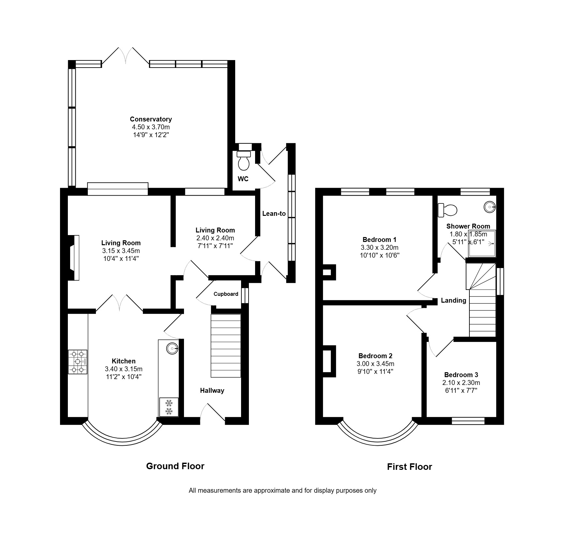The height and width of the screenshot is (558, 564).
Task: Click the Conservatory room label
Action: click(x=151, y=119)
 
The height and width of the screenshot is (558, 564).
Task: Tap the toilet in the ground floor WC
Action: click(x=244, y=160)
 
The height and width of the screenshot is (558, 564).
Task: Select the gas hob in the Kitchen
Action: click(x=78, y=362)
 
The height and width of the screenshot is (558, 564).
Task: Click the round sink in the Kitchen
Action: click(x=172, y=349)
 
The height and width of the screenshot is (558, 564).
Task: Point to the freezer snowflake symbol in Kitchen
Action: click(x=169, y=407)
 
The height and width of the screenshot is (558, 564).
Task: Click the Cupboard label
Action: click(x=226, y=294)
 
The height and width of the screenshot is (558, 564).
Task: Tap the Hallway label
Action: click(x=212, y=391)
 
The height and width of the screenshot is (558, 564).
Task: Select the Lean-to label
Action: click(x=274, y=214)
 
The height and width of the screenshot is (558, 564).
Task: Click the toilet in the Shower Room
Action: click(x=447, y=210)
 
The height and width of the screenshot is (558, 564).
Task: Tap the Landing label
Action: click(x=453, y=300)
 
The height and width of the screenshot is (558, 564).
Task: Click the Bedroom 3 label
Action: click(x=461, y=375)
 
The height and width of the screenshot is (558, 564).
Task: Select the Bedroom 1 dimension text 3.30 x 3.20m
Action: click(x=380, y=247)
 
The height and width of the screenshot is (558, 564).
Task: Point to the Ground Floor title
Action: click(x=175, y=466)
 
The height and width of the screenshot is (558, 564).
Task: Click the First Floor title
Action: click(x=409, y=467)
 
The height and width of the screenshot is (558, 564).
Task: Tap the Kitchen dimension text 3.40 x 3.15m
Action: click(x=124, y=369)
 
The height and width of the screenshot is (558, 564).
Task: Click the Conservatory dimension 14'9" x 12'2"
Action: click(x=151, y=135)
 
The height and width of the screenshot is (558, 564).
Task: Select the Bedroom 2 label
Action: click(x=375, y=356)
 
